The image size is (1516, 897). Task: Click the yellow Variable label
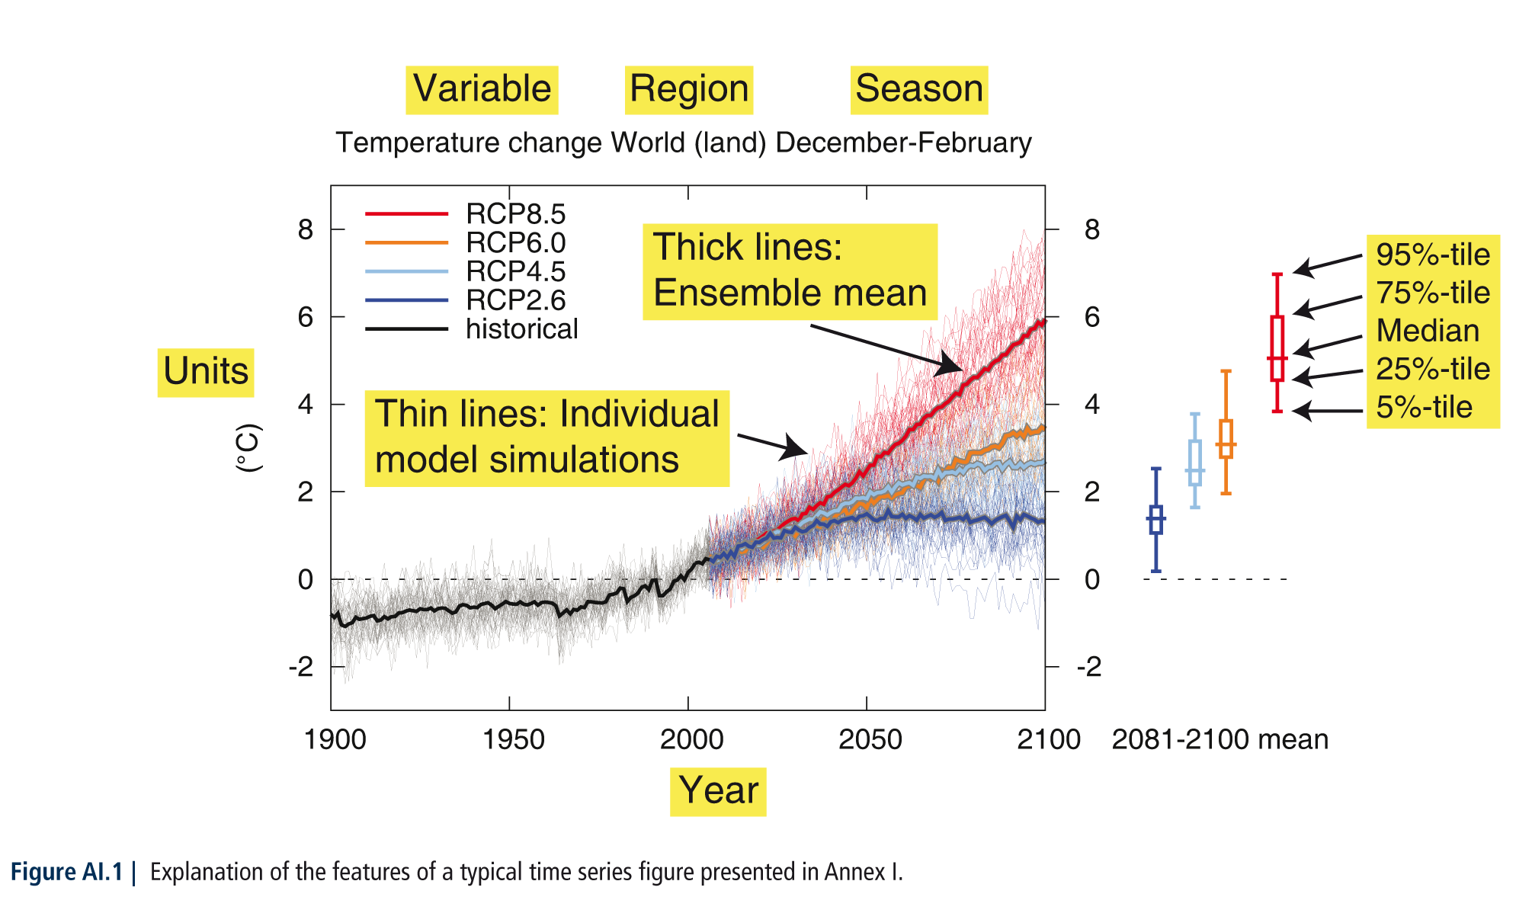[x=482, y=89]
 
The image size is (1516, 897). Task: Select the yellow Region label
[x=689, y=89]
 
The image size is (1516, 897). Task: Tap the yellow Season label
[x=919, y=89]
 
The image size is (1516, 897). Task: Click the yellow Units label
[x=206, y=372]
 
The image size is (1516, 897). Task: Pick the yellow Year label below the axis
[x=718, y=791]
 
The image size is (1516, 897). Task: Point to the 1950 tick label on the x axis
[x=513, y=739]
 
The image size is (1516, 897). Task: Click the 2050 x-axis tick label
[x=870, y=739]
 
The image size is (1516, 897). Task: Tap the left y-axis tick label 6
[x=306, y=317]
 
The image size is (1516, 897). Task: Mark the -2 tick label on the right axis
[x=1089, y=667]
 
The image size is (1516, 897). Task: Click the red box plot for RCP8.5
[x=1277, y=343]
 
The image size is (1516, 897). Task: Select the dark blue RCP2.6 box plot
[x=1155, y=520]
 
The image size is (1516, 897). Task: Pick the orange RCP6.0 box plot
[x=1226, y=432]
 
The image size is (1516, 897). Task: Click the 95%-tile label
[x=1433, y=255]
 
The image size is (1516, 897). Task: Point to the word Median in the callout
[x=1428, y=331]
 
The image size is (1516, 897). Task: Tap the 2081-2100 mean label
[x=1220, y=739]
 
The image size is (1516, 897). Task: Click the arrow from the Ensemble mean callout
[x=886, y=349]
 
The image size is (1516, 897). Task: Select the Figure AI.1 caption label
[x=66, y=872]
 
